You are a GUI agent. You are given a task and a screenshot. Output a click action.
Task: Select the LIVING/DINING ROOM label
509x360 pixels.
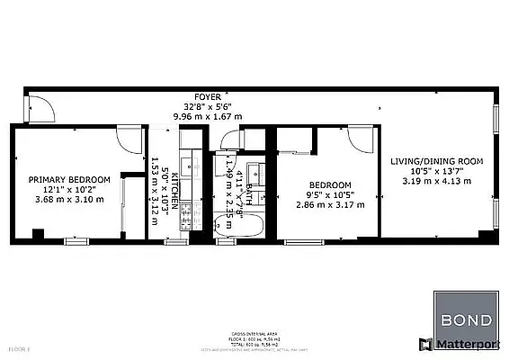[436, 161]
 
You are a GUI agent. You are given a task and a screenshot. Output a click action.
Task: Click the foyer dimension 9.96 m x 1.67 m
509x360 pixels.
[210, 115]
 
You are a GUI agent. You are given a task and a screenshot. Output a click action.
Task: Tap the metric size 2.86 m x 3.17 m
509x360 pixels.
[330, 204]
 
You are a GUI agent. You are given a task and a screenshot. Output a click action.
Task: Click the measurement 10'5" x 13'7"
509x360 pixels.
[436, 171]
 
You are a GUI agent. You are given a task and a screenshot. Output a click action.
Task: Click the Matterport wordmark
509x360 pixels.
[467, 344]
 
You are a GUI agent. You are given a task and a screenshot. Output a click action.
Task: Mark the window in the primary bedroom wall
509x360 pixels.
[78, 241]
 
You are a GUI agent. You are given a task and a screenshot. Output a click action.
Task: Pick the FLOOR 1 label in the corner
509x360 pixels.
[18, 346]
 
